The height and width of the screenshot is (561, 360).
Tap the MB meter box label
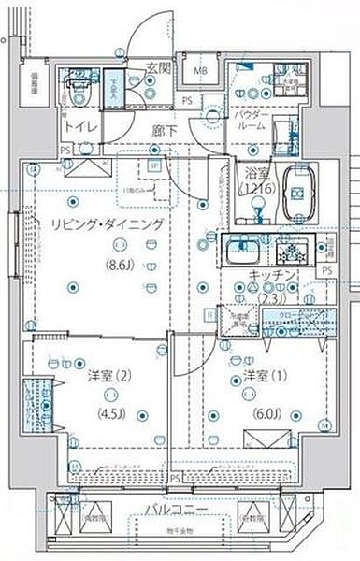click(x=200, y=71)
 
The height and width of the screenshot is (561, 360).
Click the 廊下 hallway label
click(x=165, y=130)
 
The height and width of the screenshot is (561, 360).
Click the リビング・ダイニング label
click(x=94, y=225)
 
